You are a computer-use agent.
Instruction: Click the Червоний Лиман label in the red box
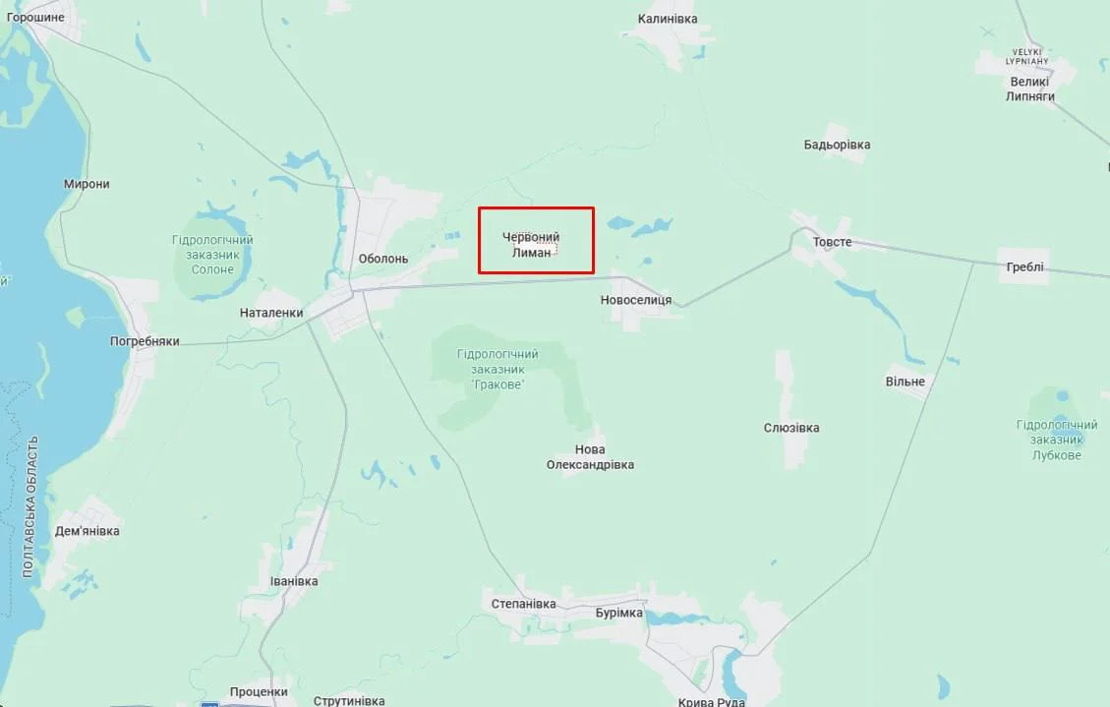[x=532, y=245]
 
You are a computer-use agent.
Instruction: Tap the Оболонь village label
[x=383, y=259]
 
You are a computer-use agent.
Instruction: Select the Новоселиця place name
[x=636, y=300]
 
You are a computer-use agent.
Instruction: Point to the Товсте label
[x=832, y=242]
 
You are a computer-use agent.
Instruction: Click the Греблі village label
[x=1025, y=266]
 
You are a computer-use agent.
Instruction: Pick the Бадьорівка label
[x=837, y=145]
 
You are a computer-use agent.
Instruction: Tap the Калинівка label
[x=668, y=19]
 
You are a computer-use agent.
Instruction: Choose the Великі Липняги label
[x=1030, y=88]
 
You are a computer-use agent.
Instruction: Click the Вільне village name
[x=905, y=382]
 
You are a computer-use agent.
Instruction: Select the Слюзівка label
[x=791, y=428]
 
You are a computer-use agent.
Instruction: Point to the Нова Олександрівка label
[x=590, y=457]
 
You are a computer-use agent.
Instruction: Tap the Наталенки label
[x=271, y=313]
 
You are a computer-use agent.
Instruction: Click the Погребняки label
[x=145, y=341]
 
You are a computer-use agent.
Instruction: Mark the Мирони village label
[x=87, y=184]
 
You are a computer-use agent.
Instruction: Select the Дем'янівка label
[x=88, y=531]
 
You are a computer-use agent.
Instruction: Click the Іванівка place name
[x=294, y=581]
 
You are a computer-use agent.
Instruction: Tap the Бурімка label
[x=619, y=613]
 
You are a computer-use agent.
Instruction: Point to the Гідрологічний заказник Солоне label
[x=212, y=255]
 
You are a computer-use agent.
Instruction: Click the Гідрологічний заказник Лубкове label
[x=1057, y=440]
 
